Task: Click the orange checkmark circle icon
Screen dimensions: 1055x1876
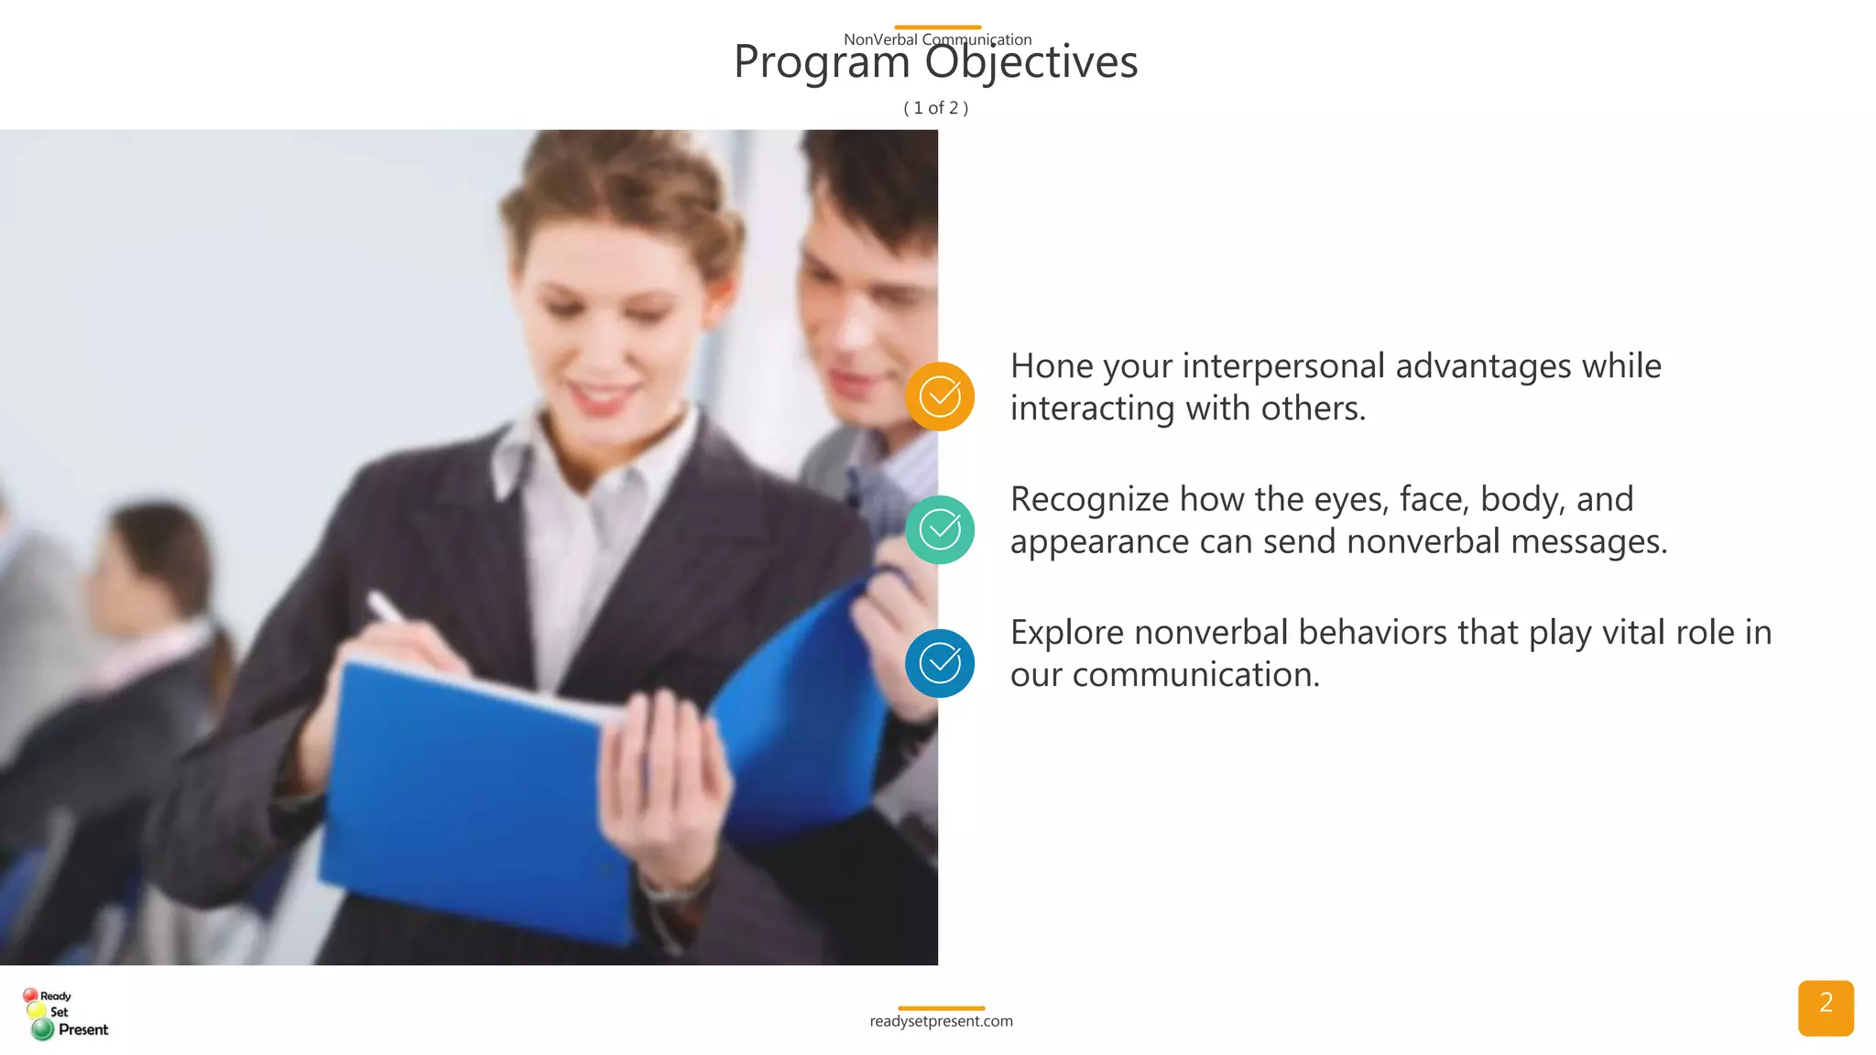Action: click(x=940, y=397)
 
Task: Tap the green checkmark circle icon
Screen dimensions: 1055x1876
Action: click(x=940, y=529)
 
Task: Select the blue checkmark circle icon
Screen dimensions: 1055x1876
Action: click(x=940, y=663)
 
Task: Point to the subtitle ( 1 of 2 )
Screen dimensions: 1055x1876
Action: click(x=936, y=108)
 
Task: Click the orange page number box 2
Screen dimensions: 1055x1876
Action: click(x=1825, y=1007)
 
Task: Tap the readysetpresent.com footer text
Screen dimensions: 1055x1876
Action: click(x=941, y=1021)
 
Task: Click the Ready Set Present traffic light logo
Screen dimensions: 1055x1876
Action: click(x=64, y=1013)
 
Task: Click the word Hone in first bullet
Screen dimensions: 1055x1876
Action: click(x=1052, y=366)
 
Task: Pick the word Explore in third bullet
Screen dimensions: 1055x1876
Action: click(x=1066, y=633)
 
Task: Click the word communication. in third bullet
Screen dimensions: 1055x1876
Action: click(x=1195, y=675)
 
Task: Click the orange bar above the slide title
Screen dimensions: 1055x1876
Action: click(x=937, y=27)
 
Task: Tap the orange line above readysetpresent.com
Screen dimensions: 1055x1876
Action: click(x=941, y=1008)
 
